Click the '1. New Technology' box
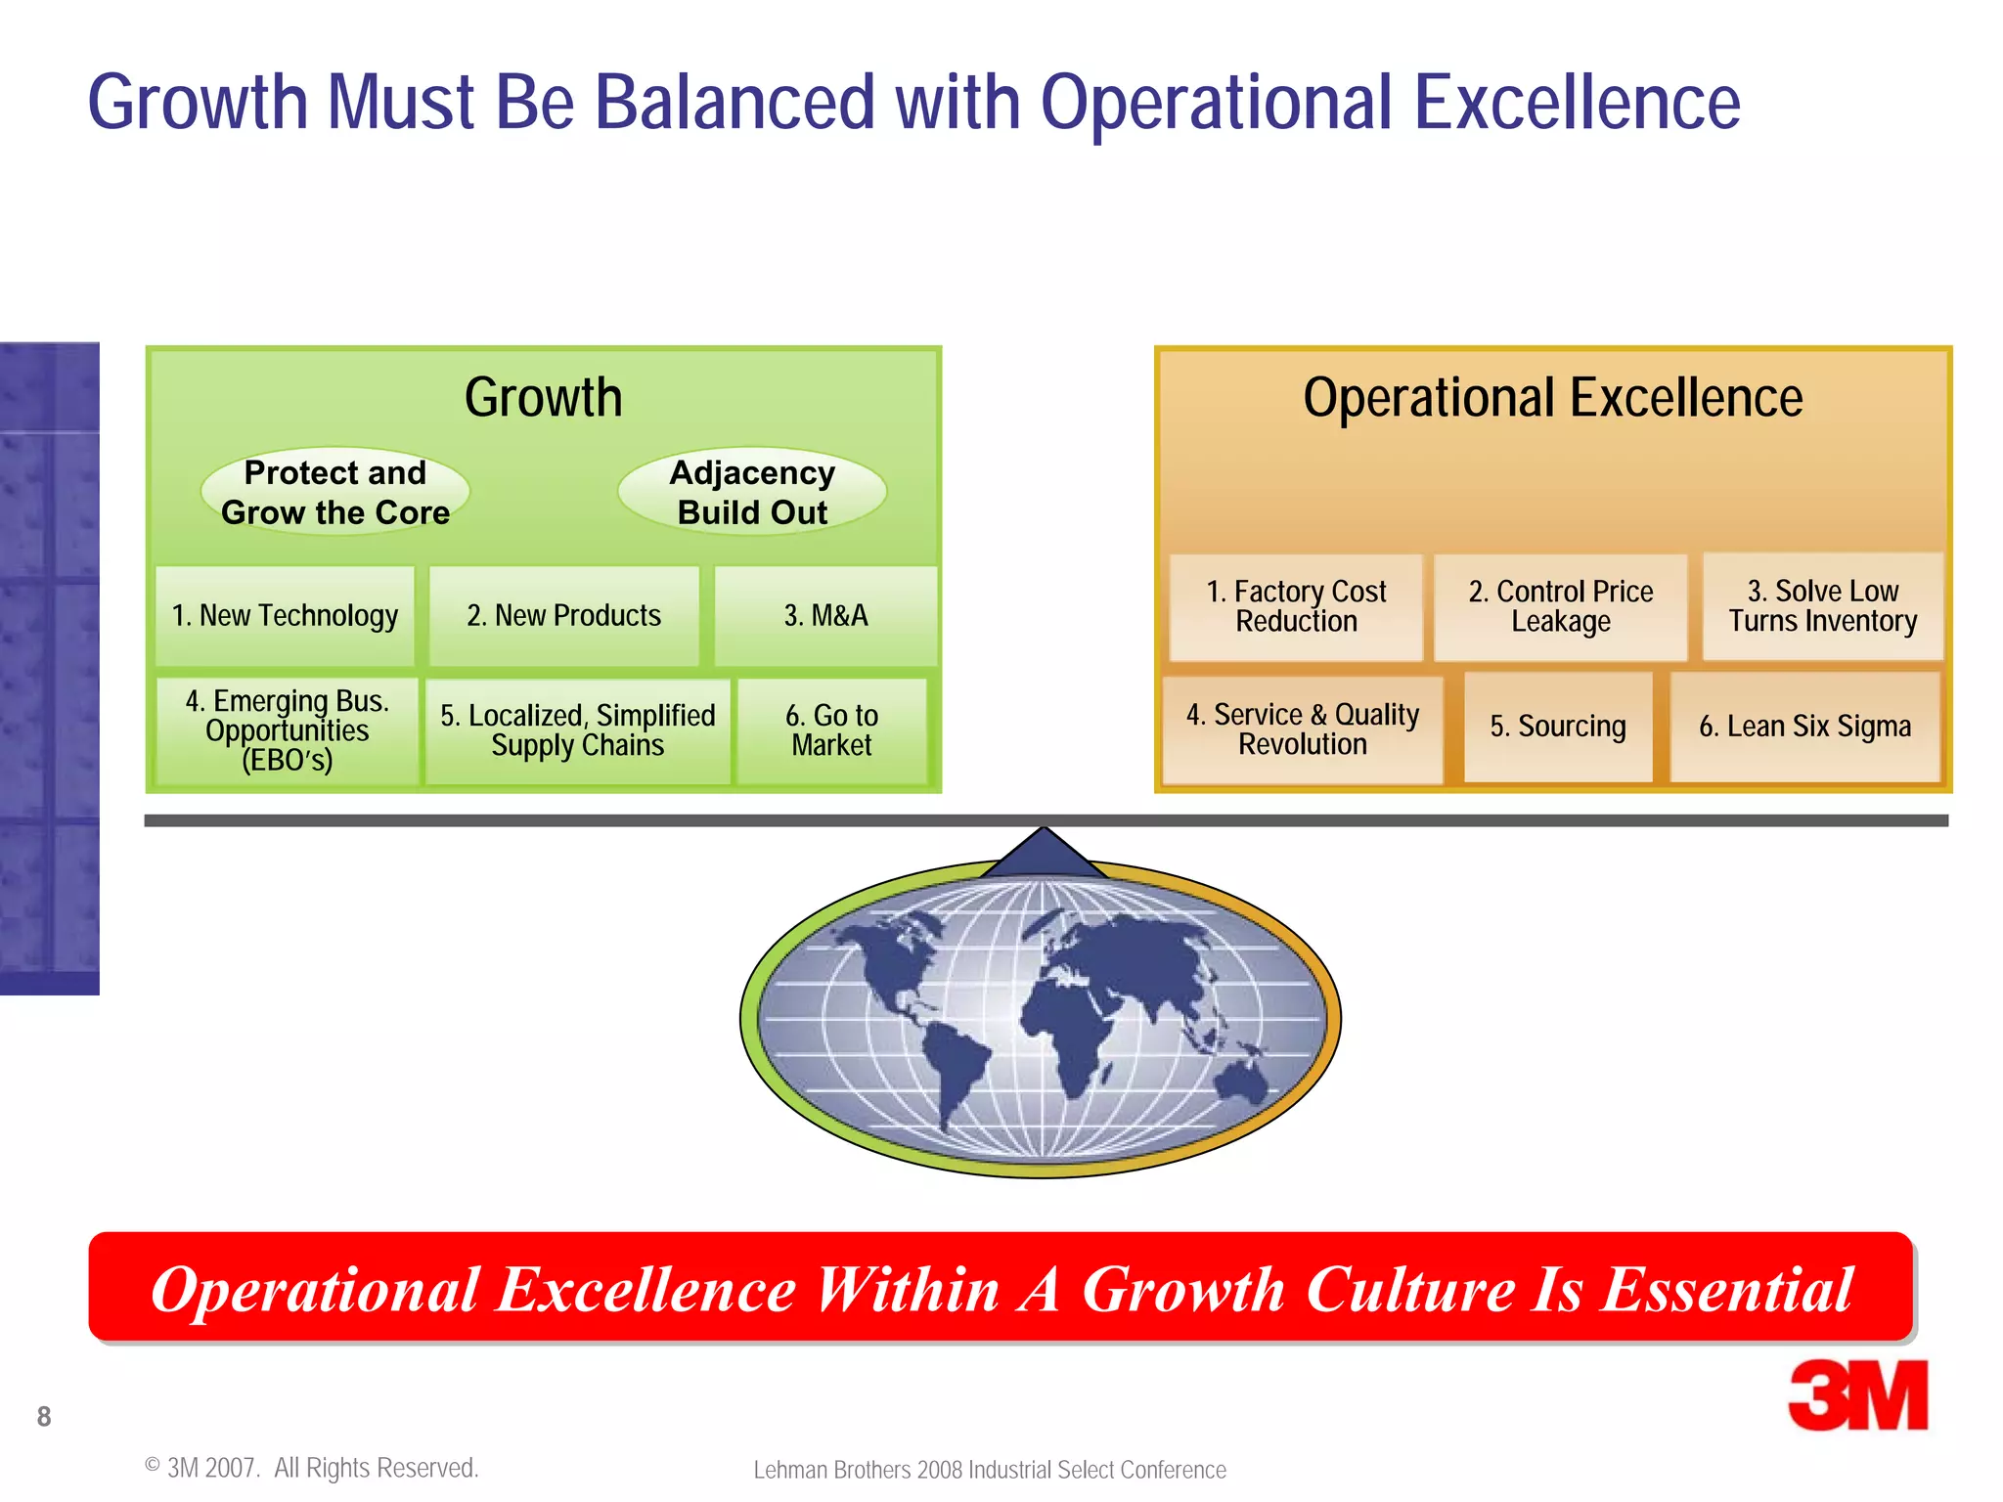pyautogui.click(x=285, y=616)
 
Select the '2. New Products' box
pyautogui.click(x=564, y=616)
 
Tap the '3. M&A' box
pyautogui.click(x=825, y=616)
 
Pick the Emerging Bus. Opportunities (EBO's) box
pyautogui.click(x=288, y=730)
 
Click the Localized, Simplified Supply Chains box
pyautogui.click(x=578, y=730)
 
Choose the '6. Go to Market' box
pyautogui.click(x=831, y=730)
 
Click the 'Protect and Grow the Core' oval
pyautogui.click(x=335, y=492)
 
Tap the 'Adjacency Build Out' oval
pyautogui.click(x=752, y=492)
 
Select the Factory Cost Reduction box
pyautogui.click(x=1296, y=607)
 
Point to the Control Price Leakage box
pyautogui.click(x=1561, y=607)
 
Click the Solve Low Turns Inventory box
pyautogui.click(x=1823, y=606)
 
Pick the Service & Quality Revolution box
pyautogui.click(x=1303, y=729)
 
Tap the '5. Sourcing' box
pyautogui.click(x=1558, y=727)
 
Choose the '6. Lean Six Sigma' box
pyautogui.click(x=1805, y=727)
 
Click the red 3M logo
pyautogui.click(x=1857, y=1395)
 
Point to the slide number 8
pyautogui.click(x=44, y=1416)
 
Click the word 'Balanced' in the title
pyautogui.click(x=734, y=102)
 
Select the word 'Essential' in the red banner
pyautogui.click(x=1726, y=1289)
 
